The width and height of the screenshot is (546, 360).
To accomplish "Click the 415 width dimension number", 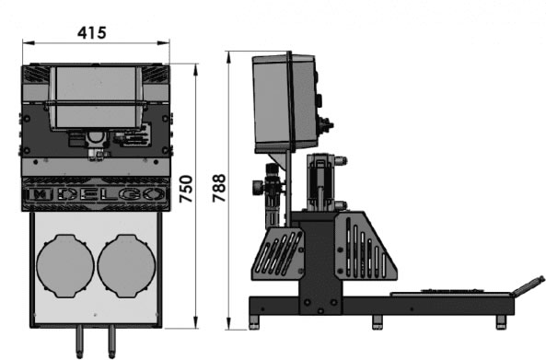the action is [91, 33].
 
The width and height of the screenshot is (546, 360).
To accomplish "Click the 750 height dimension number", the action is [186, 189].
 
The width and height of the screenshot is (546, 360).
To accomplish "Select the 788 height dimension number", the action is [219, 188].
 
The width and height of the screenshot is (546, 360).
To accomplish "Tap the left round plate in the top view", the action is [65, 266].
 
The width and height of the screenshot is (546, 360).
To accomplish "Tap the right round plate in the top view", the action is [126, 266].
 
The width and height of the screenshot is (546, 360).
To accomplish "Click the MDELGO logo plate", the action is [96, 194].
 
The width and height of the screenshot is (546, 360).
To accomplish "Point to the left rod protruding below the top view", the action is [80, 342].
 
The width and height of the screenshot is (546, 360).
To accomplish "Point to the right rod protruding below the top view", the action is [111, 342].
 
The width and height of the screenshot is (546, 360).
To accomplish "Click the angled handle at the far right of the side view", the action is [528, 286].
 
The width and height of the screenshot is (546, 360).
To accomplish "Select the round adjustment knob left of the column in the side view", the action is [257, 187].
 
